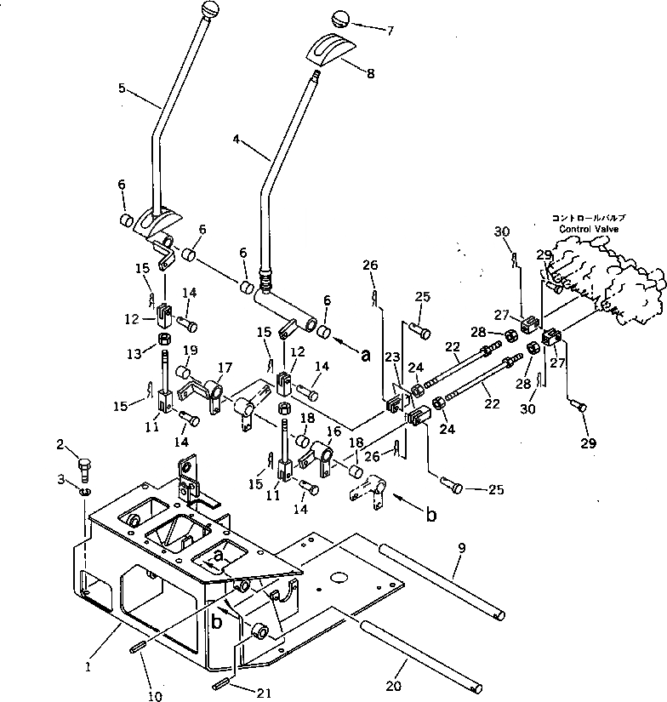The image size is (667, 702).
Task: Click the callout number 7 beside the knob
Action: (391, 31)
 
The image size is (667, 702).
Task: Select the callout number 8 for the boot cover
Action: (370, 73)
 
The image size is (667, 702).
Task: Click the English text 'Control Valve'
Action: (586, 229)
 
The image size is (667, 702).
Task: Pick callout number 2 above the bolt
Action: (60, 442)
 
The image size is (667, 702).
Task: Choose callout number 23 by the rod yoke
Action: (392, 358)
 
